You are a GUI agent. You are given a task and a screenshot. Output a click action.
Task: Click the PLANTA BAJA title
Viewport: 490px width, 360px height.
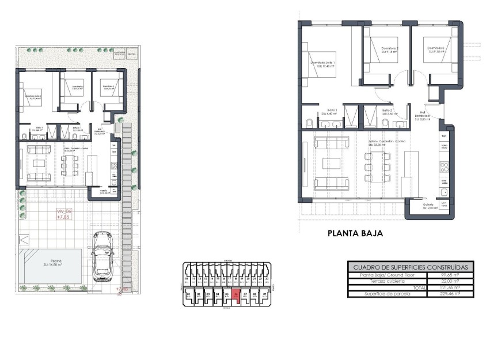click(355, 234)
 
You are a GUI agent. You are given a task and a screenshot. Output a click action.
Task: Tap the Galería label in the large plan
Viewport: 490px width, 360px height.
click(428, 206)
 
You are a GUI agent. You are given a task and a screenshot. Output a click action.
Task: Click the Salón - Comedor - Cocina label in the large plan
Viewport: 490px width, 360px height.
click(388, 142)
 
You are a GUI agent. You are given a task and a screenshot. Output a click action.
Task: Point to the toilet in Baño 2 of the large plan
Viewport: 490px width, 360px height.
click(370, 122)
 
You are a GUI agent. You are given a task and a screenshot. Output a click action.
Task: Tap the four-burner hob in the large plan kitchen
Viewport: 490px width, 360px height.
click(444, 168)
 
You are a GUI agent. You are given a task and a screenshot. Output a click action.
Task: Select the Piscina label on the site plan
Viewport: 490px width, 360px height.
click(52, 262)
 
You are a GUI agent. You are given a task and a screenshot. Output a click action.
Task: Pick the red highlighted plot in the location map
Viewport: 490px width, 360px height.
click(236, 295)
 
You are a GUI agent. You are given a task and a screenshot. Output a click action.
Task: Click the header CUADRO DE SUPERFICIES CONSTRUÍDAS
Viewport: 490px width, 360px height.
click(411, 267)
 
